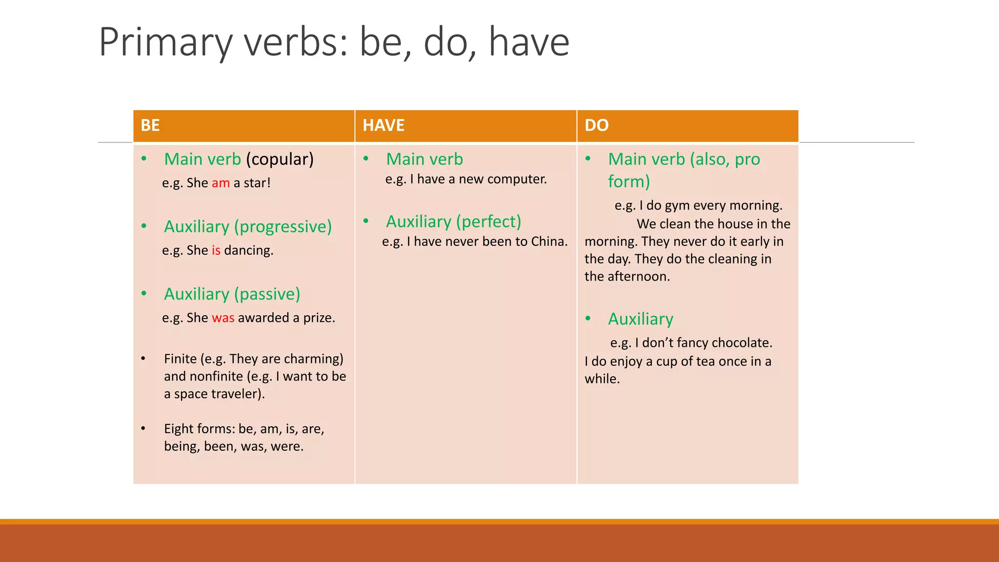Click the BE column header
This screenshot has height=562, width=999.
click(150, 125)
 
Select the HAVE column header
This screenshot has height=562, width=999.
click(383, 125)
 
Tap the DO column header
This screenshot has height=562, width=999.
click(596, 125)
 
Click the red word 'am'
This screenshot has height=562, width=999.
click(220, 183)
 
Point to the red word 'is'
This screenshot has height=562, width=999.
click(216, 250)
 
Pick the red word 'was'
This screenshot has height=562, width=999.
click(223, 318)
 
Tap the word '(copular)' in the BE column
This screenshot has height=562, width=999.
click(280, 159)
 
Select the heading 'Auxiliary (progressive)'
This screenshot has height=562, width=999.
click(248, 226)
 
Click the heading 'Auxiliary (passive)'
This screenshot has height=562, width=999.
click(232, 294)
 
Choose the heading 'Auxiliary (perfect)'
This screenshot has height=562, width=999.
click(454, 221)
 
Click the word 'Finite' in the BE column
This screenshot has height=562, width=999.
click(180, 359)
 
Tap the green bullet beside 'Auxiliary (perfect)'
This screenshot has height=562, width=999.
click(366, 221)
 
